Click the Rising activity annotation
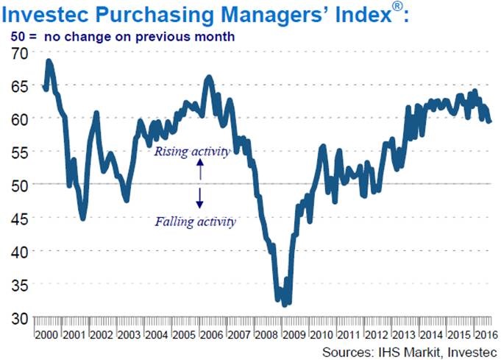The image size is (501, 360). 191,151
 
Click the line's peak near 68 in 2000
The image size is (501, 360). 49,61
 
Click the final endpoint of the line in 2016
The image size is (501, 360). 490,121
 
